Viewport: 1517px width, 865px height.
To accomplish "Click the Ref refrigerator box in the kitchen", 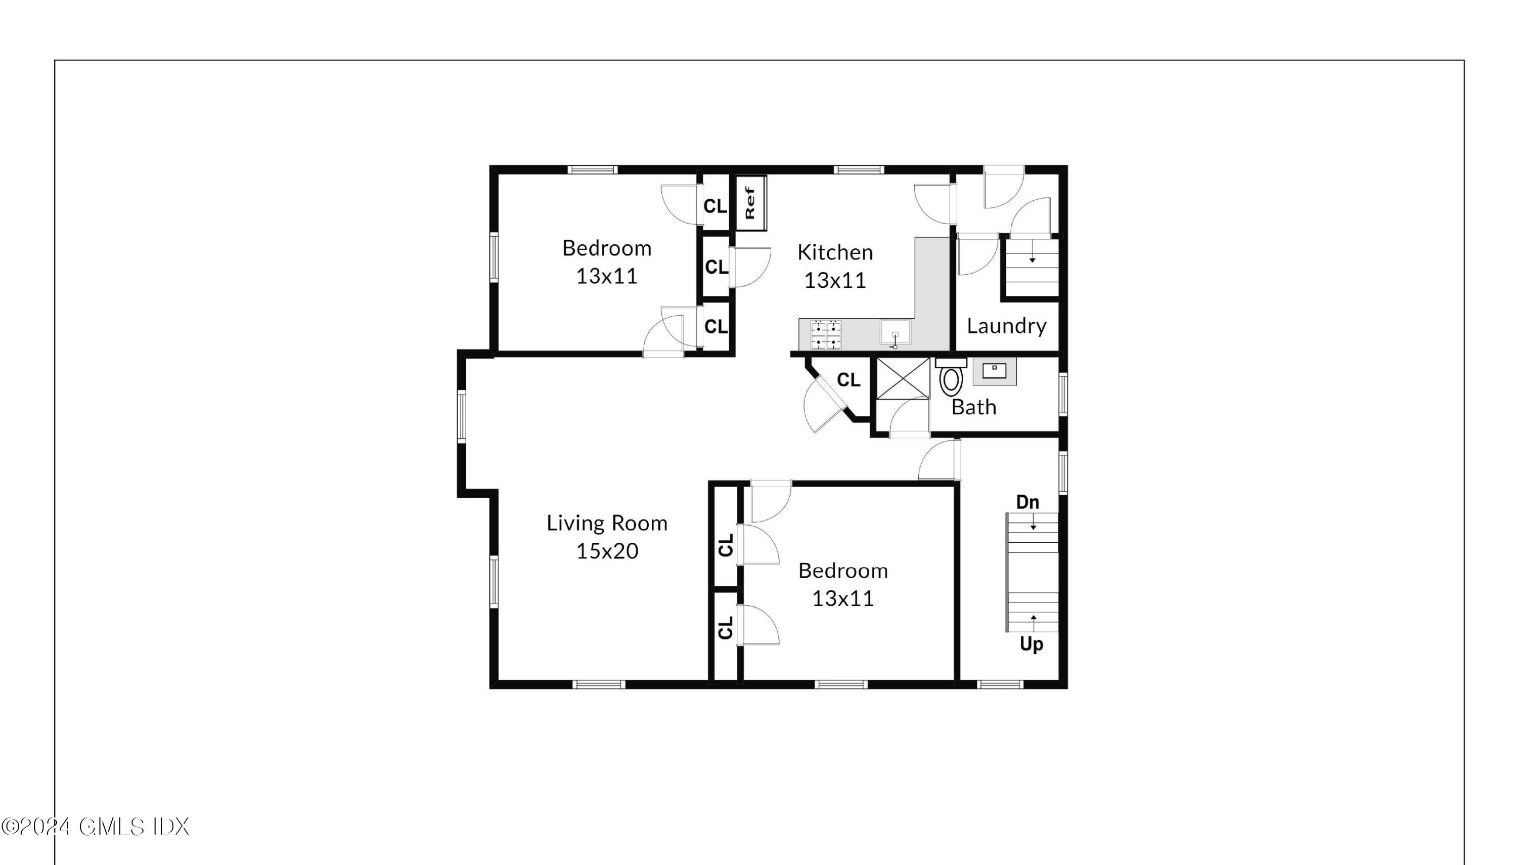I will pos(751,202).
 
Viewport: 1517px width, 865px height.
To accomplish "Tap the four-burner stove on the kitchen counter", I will pos(826,334).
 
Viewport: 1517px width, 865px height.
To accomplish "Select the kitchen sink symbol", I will pos(895,334).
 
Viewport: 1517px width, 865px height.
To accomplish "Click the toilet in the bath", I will pos(951,379).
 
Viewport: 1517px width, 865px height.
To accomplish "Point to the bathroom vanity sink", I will pos(994,371).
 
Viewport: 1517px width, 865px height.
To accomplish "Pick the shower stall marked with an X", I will pos(903,378).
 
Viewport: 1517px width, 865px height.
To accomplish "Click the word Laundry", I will pos(1006,326).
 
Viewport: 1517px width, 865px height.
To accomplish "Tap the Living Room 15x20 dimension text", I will pos(607,551).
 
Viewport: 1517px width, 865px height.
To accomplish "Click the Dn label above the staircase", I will pos(1027,502).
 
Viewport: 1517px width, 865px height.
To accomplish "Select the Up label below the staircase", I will pos(1032,644).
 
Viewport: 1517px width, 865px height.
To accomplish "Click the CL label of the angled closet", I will pos(848,379).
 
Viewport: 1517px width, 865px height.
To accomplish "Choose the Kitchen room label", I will pos(835,252).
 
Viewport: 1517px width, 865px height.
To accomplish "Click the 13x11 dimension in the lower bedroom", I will pos(842,598).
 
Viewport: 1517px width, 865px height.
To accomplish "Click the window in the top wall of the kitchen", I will pos(858,170).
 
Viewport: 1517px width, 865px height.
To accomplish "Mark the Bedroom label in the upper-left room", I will pos(606,248).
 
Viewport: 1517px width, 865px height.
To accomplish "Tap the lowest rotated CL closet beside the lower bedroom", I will pos(725,627).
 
